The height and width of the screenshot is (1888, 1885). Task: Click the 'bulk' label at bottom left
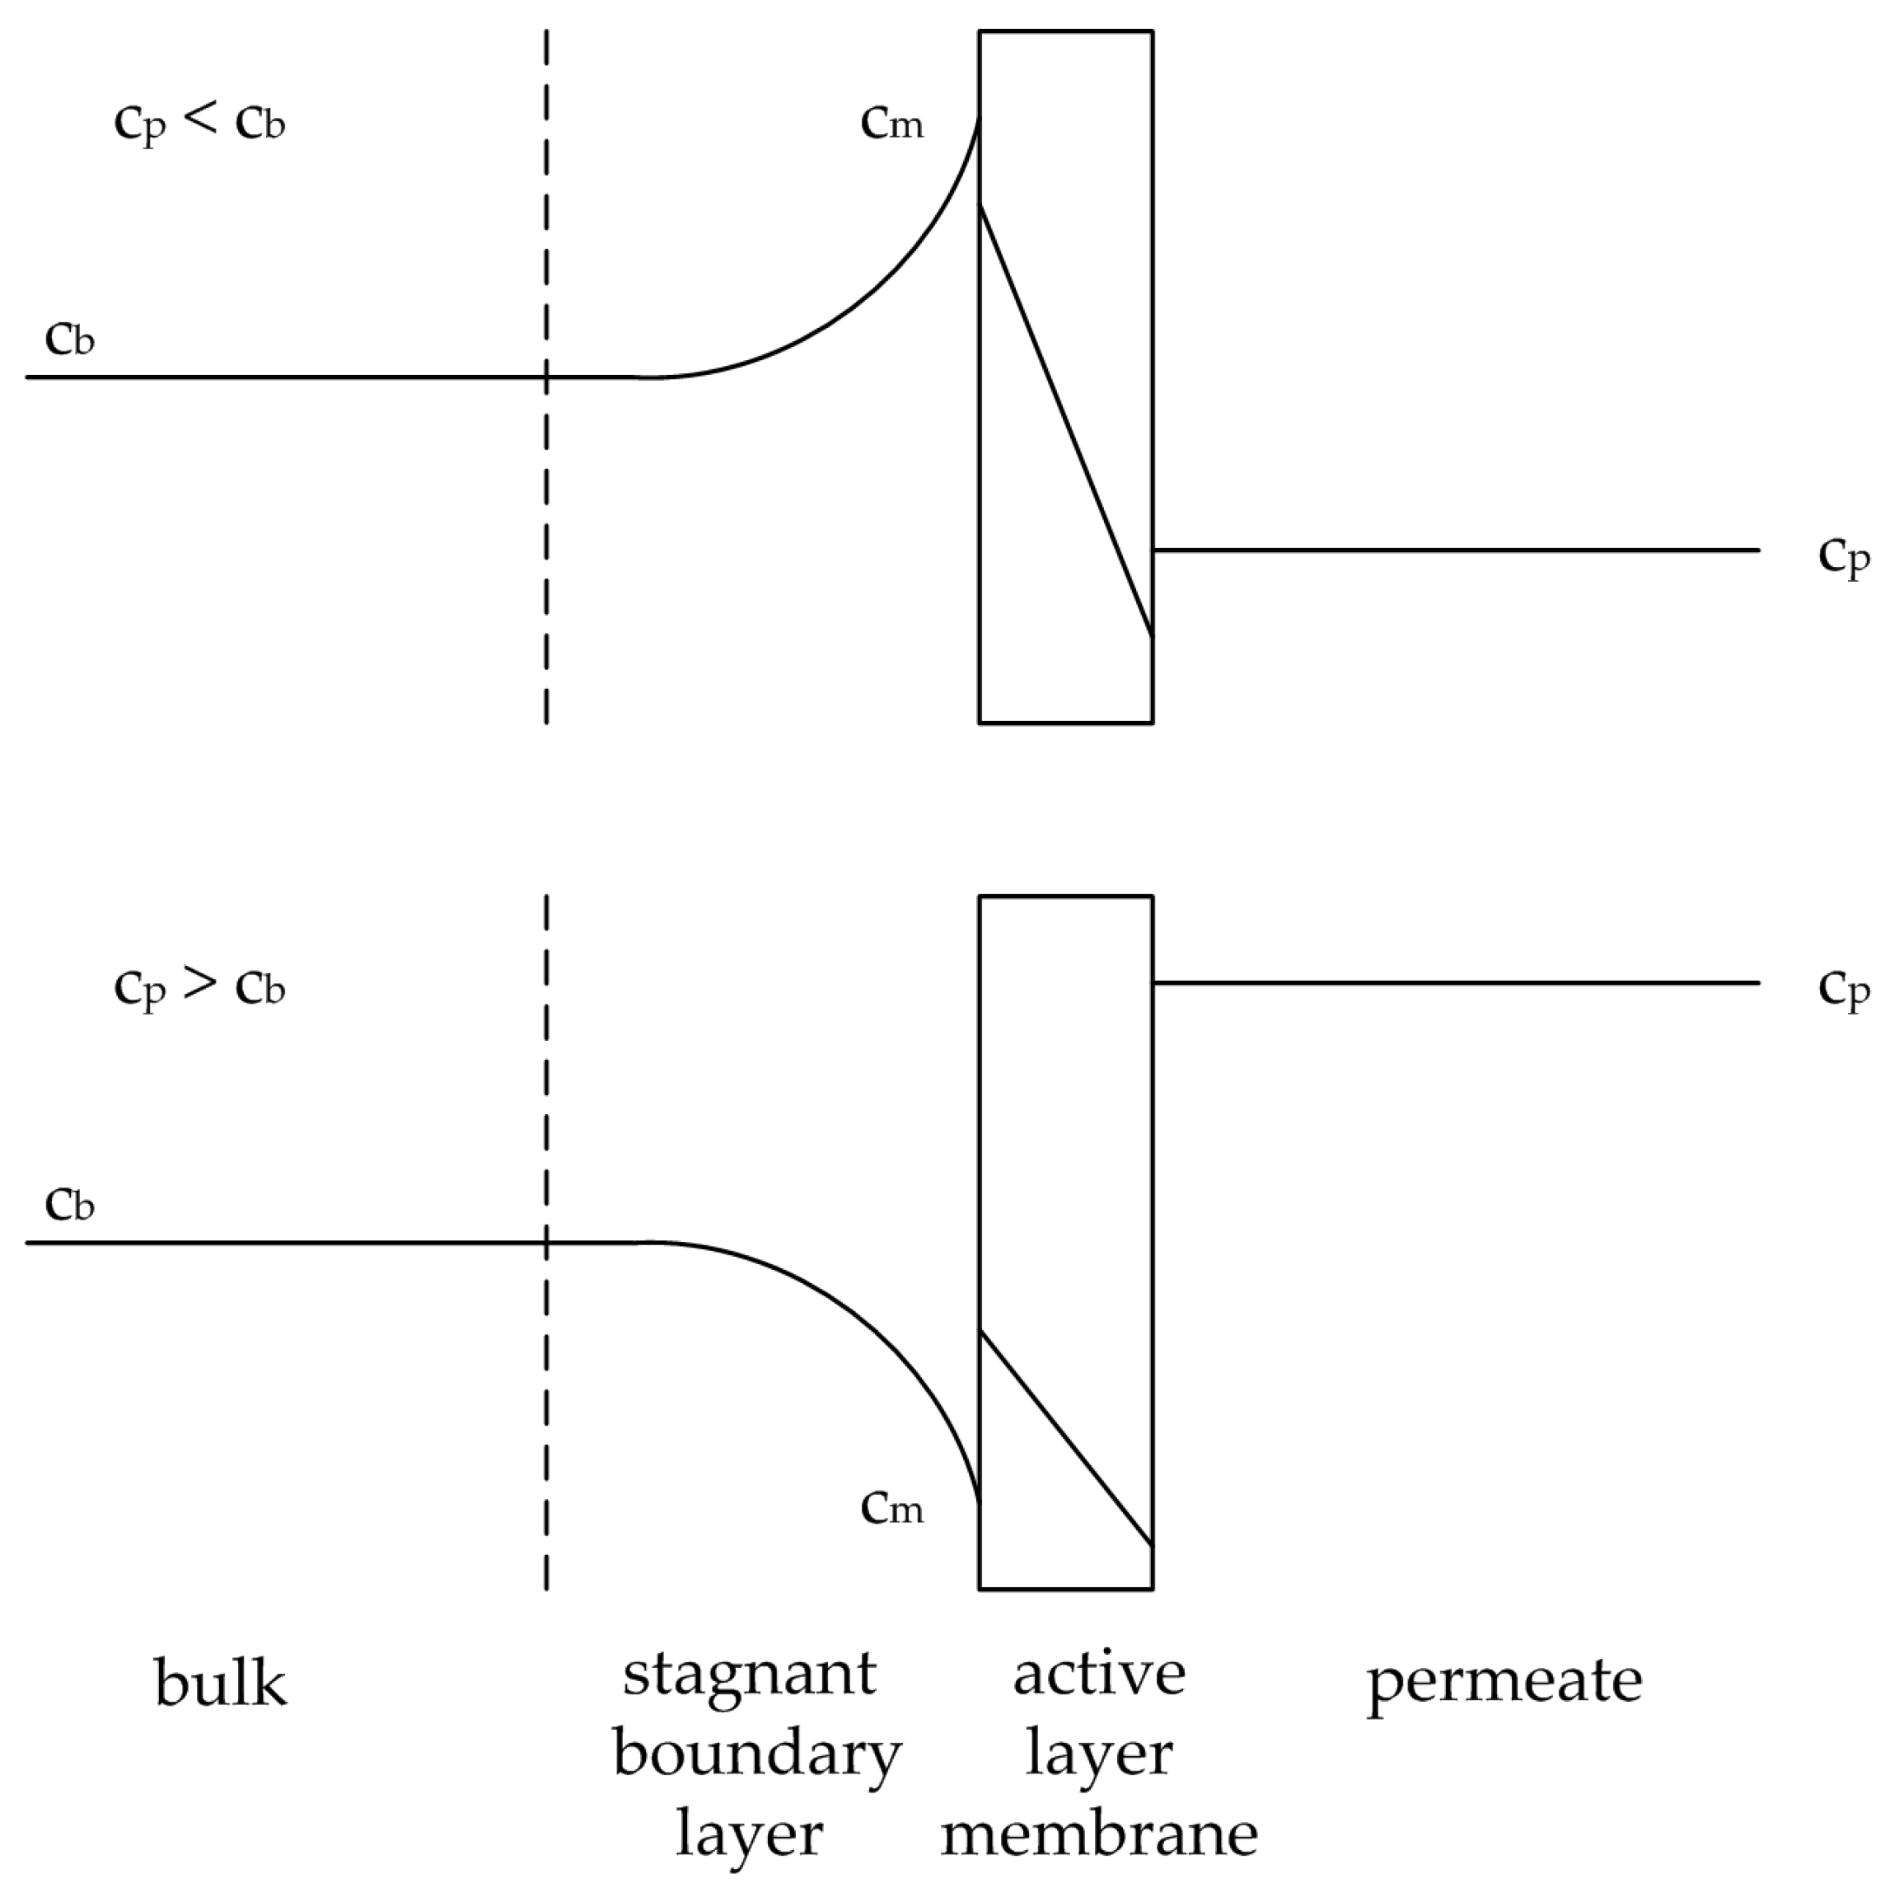221,1683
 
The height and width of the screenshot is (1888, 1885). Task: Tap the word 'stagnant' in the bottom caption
751,1674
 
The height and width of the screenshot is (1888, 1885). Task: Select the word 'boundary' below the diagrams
756,1755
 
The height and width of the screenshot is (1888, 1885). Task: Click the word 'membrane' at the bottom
1098,1834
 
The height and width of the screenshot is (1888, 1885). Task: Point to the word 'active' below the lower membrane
1098,1674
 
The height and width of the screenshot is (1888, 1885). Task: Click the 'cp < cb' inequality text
199,124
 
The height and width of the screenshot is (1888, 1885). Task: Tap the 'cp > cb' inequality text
199,989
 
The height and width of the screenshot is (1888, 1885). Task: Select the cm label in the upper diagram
891,124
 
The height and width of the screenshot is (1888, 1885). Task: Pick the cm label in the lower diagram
891,1509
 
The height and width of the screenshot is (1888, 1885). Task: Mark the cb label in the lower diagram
69,1205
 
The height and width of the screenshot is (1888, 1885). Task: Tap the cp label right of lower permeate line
1843,989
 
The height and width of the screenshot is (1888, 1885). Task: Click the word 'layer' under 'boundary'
749,1834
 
